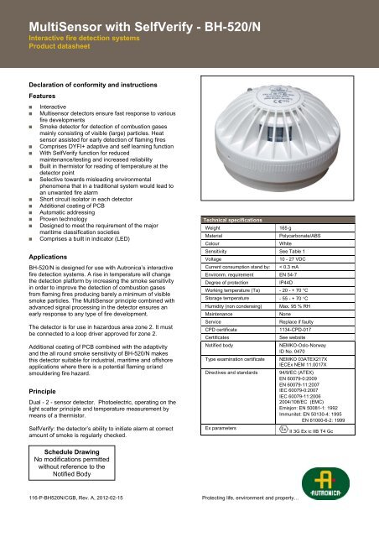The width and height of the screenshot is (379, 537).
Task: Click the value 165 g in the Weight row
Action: coord(286,250)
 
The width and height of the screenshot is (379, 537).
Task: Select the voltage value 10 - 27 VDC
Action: coord(294,284)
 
